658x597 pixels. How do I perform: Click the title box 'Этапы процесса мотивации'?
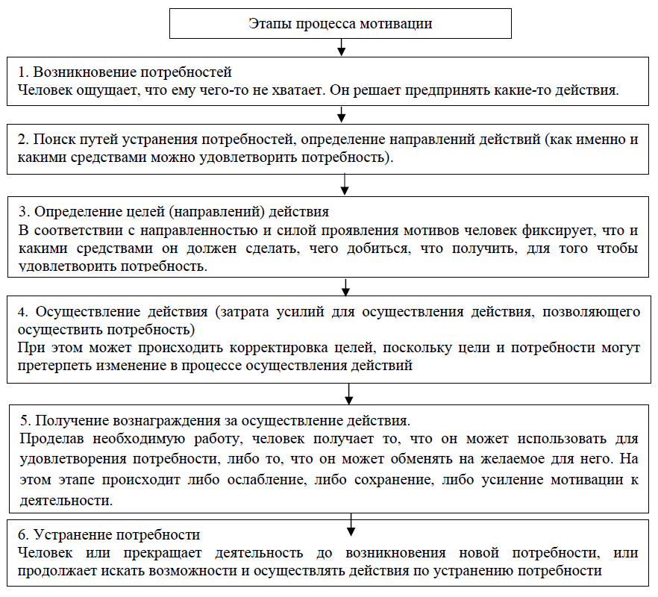(x=340, y=23)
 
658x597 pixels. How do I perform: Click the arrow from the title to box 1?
(x=341, y=46)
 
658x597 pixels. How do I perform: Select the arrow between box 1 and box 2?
(x=342, y=113)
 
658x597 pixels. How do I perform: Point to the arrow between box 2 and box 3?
(x=345, y=183)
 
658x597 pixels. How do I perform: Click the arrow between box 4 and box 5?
(x=349, y=393)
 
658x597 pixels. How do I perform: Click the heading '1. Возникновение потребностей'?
(x=125, y=72)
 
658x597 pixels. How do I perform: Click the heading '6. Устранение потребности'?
(x=109, y=535)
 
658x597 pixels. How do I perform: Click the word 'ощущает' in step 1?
(x=98, y=90)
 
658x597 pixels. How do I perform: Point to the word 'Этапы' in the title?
(x=265, y=23)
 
